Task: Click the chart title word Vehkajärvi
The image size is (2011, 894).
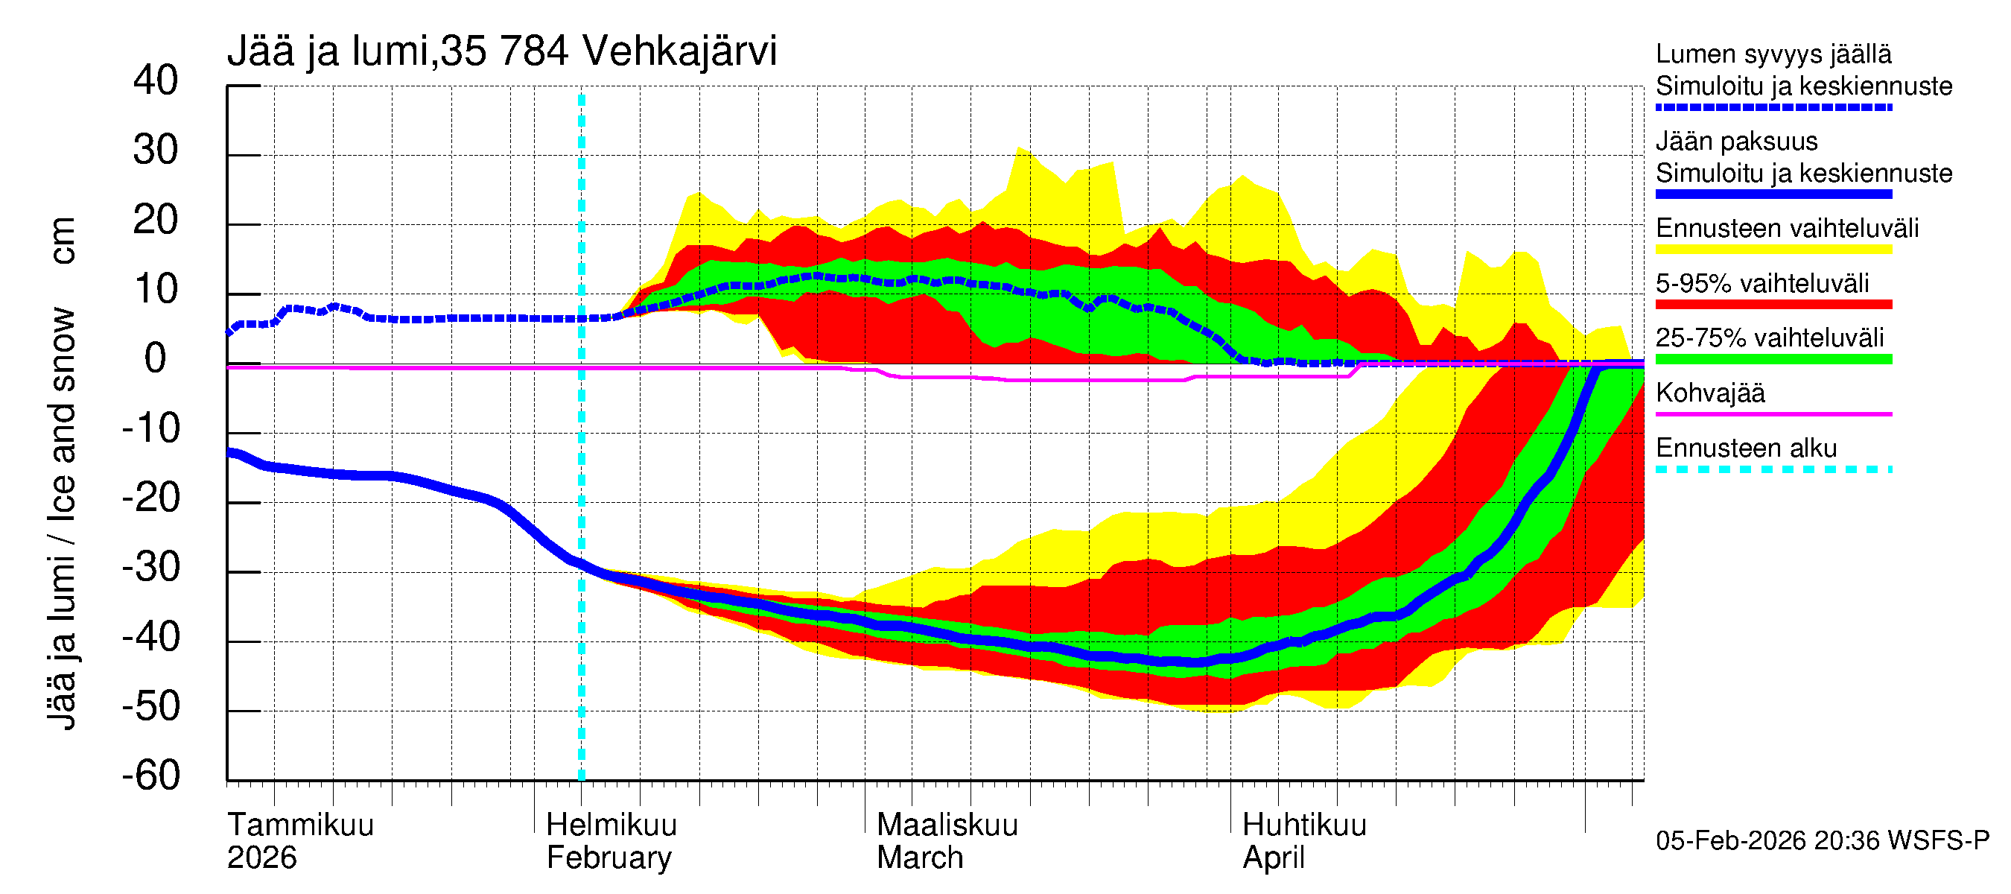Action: click(679, 51)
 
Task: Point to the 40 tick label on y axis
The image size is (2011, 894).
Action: click(156, 80)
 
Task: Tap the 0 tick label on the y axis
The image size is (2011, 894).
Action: click(156, 358)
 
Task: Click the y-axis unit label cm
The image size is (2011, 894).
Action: click(62, 241)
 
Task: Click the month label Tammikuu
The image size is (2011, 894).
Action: click(301, 825)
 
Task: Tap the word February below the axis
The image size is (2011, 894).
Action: click(609, 857)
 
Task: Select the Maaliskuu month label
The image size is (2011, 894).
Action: click(947, 825)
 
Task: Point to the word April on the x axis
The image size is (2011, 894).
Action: click(1274, 857)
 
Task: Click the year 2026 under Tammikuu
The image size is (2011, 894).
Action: click(261, 857)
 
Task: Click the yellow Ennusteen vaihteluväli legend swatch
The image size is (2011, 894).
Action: click(1773, 250)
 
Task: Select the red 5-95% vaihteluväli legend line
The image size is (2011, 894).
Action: click(1773, 305)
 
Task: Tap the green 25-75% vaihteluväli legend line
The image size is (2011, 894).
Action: click(1773, 359)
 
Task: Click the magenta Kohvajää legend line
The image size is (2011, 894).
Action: click(1773, 413)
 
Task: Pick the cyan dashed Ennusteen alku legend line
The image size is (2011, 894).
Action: click(1773, 469)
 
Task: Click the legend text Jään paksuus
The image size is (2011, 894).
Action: click(1736, 142)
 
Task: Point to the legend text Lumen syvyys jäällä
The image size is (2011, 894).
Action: click(1773, 54)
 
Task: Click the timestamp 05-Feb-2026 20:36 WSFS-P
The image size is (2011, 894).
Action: click(1822, 840)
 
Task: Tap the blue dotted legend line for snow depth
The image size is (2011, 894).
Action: click(1773, 107)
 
